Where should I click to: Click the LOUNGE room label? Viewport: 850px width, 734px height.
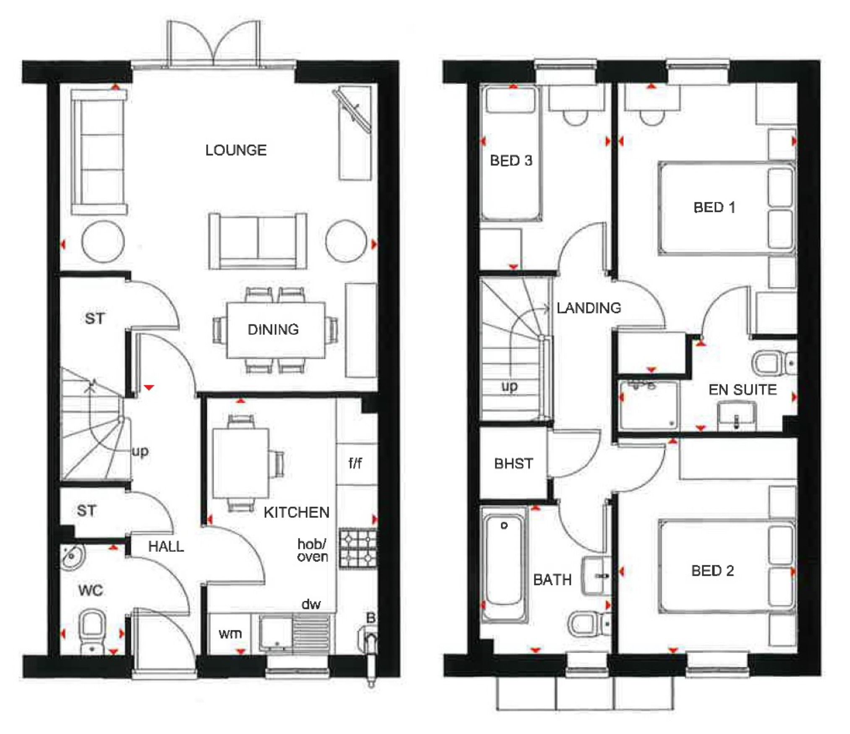point(235,150)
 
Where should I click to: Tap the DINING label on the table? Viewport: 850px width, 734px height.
point(273,329)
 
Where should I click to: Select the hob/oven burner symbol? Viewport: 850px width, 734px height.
point(358,549)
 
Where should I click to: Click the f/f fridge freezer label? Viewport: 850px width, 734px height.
point(355,463)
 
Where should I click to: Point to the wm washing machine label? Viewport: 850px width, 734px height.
point(230,633)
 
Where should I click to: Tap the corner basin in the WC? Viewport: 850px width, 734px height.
point(72,556)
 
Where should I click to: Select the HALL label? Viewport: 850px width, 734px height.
point(166,546)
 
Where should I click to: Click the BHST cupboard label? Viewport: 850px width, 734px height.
point(513,463)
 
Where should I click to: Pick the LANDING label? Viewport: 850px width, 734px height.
point(588,308)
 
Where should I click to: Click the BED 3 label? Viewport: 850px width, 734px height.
point(511,160)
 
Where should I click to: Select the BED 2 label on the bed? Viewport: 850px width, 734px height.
point(712,571)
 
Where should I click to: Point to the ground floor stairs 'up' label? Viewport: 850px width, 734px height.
point(140,452)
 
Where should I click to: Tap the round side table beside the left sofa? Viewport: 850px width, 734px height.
point(103,242)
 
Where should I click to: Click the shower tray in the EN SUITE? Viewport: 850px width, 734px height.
point(649,405)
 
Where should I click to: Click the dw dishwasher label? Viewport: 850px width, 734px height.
point(311,604)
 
